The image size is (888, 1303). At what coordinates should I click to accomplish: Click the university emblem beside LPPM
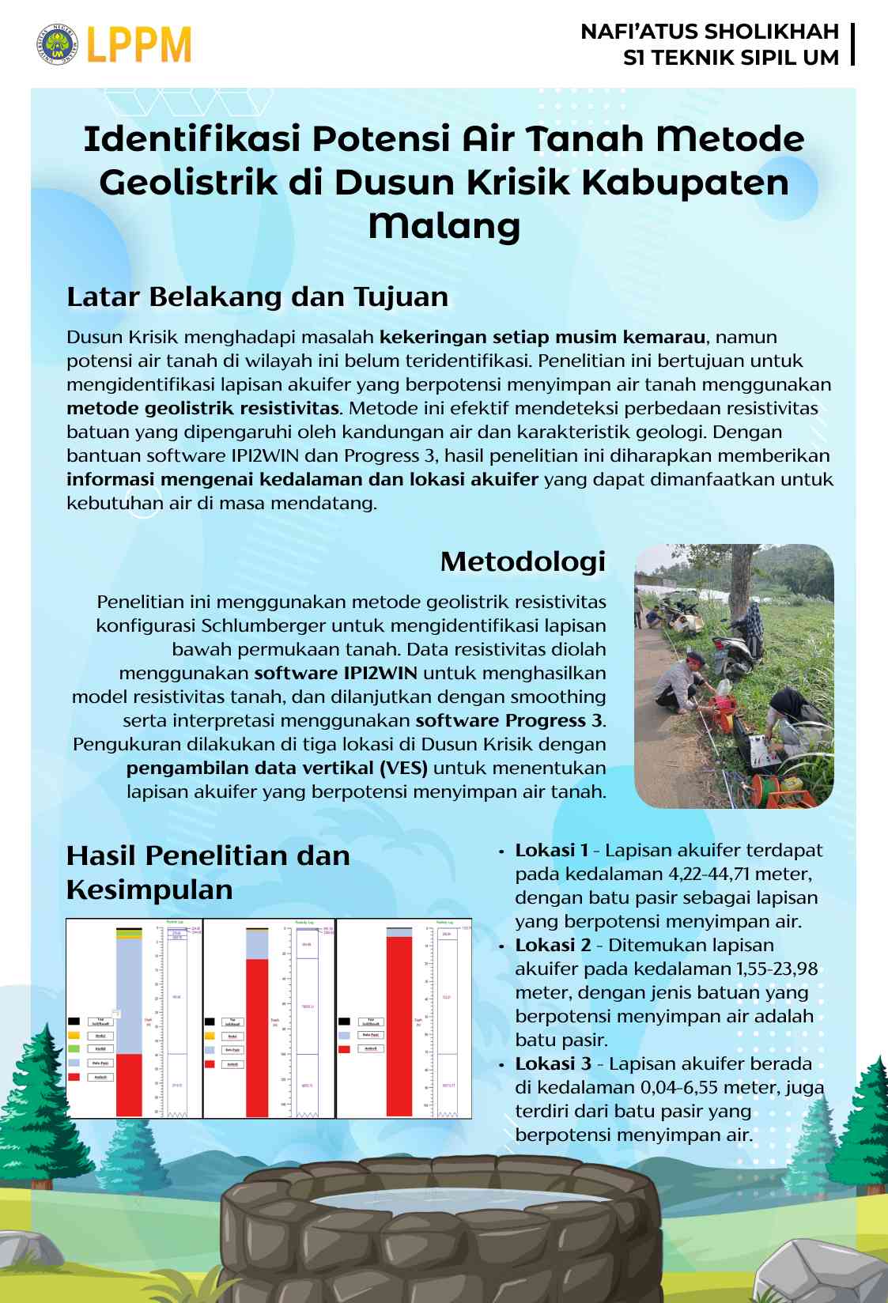(57, 45)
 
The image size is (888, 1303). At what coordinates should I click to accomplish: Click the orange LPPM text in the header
(139, 45)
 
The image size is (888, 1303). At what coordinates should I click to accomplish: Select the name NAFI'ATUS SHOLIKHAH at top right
(709, 32)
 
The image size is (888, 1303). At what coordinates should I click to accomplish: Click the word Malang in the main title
(444, 225)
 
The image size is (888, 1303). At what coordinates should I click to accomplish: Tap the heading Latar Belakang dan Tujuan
(257, 297)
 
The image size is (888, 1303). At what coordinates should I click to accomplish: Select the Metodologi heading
(522, 561)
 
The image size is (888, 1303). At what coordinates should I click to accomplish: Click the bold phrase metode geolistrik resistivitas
(203, 409)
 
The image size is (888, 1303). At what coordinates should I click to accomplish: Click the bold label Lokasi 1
(551, 851)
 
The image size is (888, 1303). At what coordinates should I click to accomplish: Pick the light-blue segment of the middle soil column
(257, 945)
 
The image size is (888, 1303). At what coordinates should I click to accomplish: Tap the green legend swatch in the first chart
(74, 1049)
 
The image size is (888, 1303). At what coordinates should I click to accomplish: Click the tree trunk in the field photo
(741, 585)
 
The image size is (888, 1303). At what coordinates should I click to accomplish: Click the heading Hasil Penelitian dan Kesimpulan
(207, 872)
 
